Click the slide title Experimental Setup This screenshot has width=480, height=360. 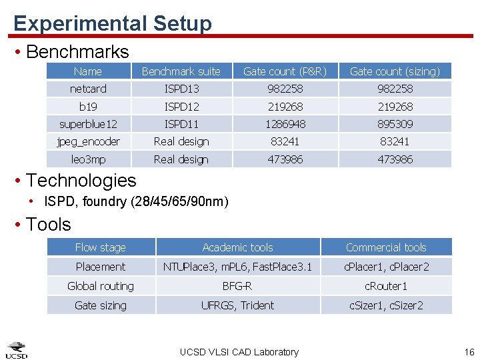[x=113, y=23]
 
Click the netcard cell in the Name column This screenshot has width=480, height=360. [x=88, y=89]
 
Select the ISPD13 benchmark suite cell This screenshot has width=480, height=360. [x=181, y=89]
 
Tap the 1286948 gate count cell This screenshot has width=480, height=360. [x=285, y=124]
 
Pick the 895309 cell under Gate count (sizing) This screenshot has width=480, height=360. [x=395, y=124]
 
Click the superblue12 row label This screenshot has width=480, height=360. [x=88, y=124]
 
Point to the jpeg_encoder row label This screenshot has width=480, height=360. [x=88, y=141]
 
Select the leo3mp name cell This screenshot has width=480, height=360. [x=88, y=159]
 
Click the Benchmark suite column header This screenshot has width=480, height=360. [x=181, y=71]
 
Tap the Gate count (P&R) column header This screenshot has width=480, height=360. [x=285, y=71]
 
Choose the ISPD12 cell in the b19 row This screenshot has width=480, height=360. [x=181, y=107]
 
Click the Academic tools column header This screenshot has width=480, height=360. [x=237, y=247]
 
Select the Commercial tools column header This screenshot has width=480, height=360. [x=386, y=247]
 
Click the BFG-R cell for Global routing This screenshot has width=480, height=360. [x=237, y=286]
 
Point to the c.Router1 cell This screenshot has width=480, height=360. [x=386, y=286]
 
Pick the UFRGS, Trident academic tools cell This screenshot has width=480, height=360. [x=237, y=305]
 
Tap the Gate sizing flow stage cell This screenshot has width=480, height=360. [x=101, y=305]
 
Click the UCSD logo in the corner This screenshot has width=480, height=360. [x=17, y=350]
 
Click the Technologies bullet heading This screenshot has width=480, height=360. [x=81, y=180]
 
